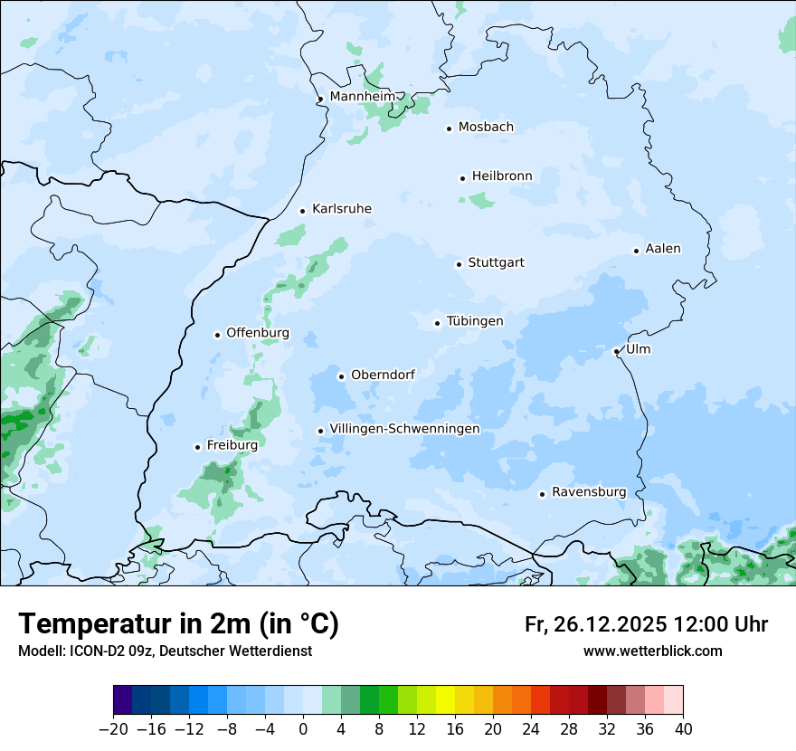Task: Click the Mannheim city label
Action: [362, 97]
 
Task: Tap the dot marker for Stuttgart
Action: [459, 264]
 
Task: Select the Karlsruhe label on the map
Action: [341, 209]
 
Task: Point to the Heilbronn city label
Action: [502, 176]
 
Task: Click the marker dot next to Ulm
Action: [616, 351]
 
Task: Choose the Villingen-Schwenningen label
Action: [404, 429]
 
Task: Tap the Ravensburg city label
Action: [588, 492]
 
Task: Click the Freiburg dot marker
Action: [197, 447]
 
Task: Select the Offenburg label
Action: [258, 333]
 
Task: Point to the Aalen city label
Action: [663, 249]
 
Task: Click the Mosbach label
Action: [486, 128]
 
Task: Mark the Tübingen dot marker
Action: [437, 323]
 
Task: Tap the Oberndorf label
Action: [383, 375]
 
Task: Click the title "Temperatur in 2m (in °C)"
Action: [178, 624]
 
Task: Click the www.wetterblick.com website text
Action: [652, 651]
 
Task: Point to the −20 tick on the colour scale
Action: [113, 729]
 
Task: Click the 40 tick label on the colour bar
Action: [683, 729]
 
